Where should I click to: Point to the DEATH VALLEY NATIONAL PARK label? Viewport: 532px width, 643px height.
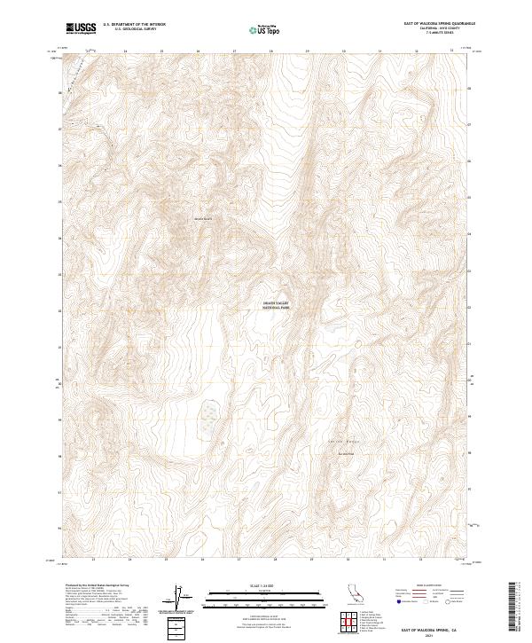click(x=276, y=304)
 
